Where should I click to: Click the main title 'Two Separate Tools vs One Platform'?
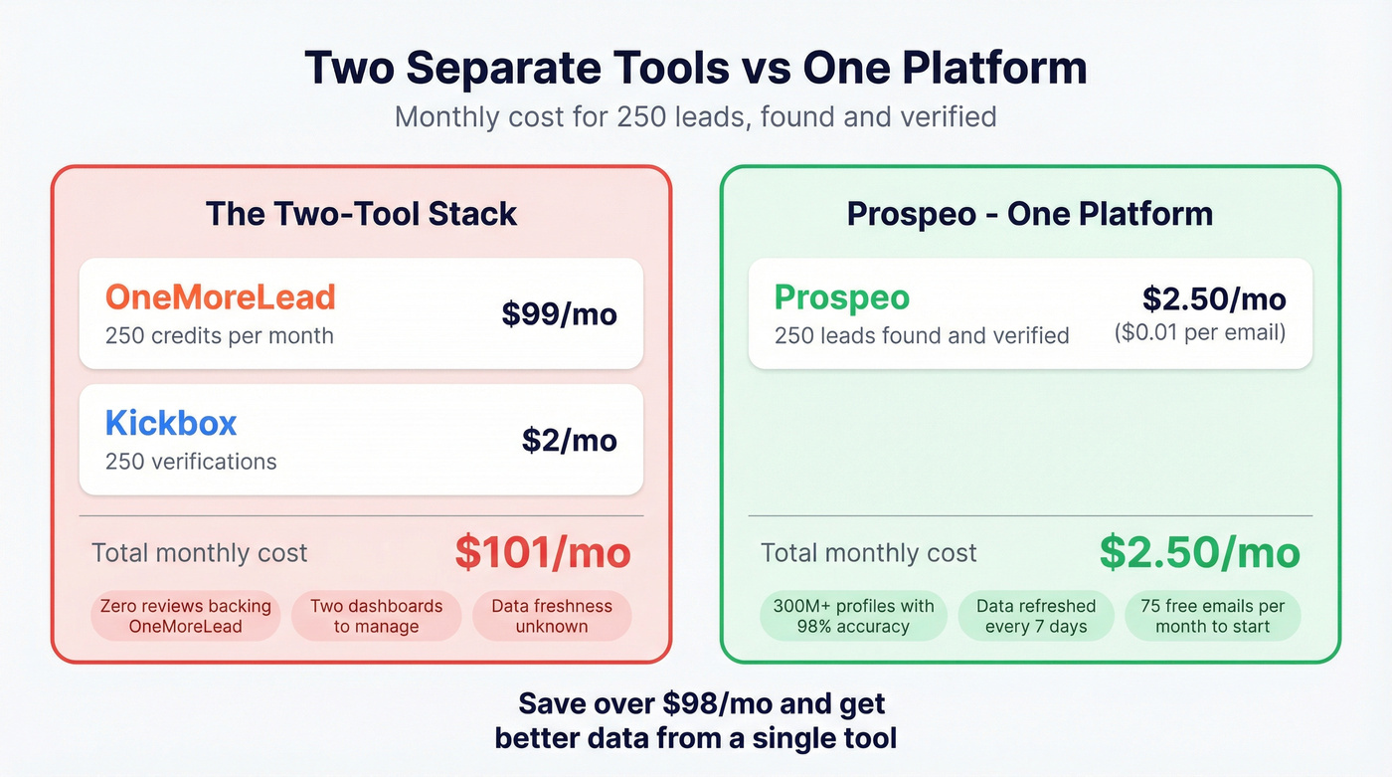695,68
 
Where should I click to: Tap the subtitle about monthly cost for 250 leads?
695,116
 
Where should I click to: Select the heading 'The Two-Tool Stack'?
361,214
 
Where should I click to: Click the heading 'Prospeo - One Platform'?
1029,214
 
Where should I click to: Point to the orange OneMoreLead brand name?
220,296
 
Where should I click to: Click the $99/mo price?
559,314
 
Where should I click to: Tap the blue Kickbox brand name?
171,423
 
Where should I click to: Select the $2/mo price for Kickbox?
569,440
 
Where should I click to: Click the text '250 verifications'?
191,462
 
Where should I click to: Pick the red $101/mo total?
542,553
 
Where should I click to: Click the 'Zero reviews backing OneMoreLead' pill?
185,617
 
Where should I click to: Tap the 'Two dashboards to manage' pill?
376,617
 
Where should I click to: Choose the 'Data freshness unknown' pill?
551,617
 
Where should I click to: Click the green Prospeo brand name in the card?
841,296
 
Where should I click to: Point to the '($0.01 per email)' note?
1200,332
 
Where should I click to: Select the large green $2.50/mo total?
1199,553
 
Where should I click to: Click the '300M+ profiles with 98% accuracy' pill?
853,617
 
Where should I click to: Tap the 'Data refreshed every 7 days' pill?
1036,617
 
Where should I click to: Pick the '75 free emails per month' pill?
1212,617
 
